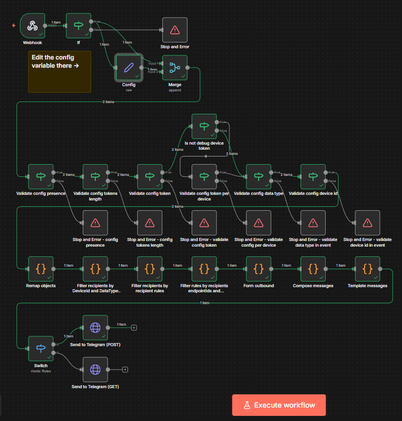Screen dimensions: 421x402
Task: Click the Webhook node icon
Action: click(x=33, y=26)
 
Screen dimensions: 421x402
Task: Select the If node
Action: click(x=79, y=26)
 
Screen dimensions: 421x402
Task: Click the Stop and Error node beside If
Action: click(x=175, y=30)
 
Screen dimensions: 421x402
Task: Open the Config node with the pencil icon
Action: click(x=128, y=67)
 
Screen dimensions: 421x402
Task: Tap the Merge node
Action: click(x=175, y=67)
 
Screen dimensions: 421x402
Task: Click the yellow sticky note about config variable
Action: click(x=59, y=72)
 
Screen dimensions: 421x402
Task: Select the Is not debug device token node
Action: click(x=204, y=126)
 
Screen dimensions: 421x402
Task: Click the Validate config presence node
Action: click(x=41, y=176)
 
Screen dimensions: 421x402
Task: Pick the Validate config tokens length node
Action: click(x=95, y=176)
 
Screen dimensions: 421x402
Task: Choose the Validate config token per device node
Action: click(x=204, y=176)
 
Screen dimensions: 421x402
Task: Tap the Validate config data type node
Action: click(x=259, y=176)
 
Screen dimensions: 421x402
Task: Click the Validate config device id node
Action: click(x=313, y=176)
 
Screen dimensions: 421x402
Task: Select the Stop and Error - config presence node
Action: click(x=95, y=223)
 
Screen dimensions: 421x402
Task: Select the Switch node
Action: click(x=41, y=348)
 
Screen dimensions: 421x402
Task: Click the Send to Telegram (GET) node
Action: click(x=95, y=369)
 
